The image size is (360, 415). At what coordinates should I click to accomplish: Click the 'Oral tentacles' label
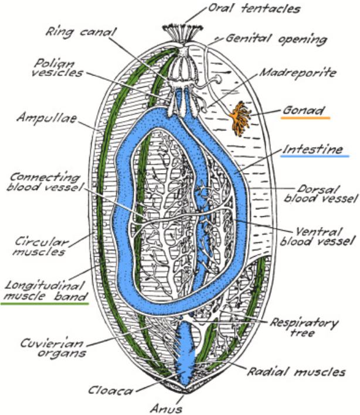pyautogui.click(x=254, y=9)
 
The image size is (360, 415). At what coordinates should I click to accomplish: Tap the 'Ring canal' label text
pyautogui.click(x=82, y=30)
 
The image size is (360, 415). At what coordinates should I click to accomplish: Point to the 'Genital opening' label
pyautogui.click(x=276, y=40)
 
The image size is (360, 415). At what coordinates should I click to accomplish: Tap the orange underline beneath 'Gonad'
pyautogui.click(x=305, y=118)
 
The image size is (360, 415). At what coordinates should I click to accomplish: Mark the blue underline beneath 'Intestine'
pyautogui.click(x=315, y=157)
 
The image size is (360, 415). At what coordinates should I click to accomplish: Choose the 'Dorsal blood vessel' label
pyautogui.click(x=320, y=193)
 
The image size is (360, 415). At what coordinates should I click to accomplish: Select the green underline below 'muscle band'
pyautogui.click(x=45, y=304)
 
